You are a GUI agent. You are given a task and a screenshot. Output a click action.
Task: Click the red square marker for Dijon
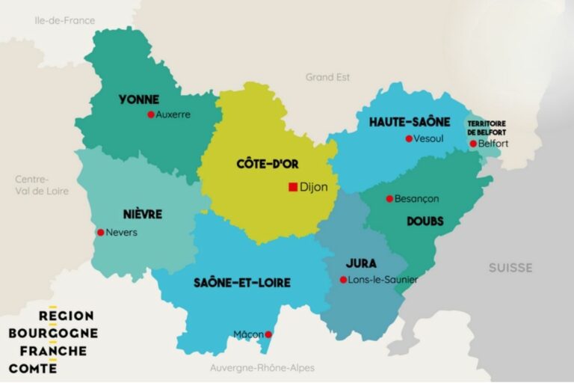292,187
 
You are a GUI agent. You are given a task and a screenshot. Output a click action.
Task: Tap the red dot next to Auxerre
151,114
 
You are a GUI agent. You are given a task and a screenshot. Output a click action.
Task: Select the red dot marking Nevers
101,232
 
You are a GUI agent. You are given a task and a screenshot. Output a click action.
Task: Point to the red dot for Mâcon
268,334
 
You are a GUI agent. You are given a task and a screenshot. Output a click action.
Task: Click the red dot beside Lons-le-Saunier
343,280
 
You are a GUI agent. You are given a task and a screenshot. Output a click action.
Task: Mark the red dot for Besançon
389,199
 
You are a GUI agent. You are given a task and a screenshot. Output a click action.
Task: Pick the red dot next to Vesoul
409,138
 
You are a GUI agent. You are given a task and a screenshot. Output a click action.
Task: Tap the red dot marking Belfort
473,144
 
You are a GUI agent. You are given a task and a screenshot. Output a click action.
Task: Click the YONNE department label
139,99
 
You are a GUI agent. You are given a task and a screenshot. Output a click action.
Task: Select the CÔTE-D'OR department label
264,163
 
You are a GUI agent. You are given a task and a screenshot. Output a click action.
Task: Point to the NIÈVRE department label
143,215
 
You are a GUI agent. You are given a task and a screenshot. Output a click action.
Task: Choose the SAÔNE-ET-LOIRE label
242,283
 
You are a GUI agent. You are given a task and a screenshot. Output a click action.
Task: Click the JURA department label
361,263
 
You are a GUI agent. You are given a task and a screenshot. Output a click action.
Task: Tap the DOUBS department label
425,221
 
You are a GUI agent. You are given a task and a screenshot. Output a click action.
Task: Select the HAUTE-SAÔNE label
410,121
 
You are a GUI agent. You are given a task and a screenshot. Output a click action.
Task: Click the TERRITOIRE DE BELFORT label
487,127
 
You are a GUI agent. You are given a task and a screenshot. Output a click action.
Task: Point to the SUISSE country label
510,267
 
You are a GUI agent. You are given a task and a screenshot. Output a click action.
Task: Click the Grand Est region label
327,77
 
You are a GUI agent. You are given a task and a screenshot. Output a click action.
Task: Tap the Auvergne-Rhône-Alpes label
262,368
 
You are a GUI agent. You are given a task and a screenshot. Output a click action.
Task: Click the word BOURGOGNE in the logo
53,333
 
